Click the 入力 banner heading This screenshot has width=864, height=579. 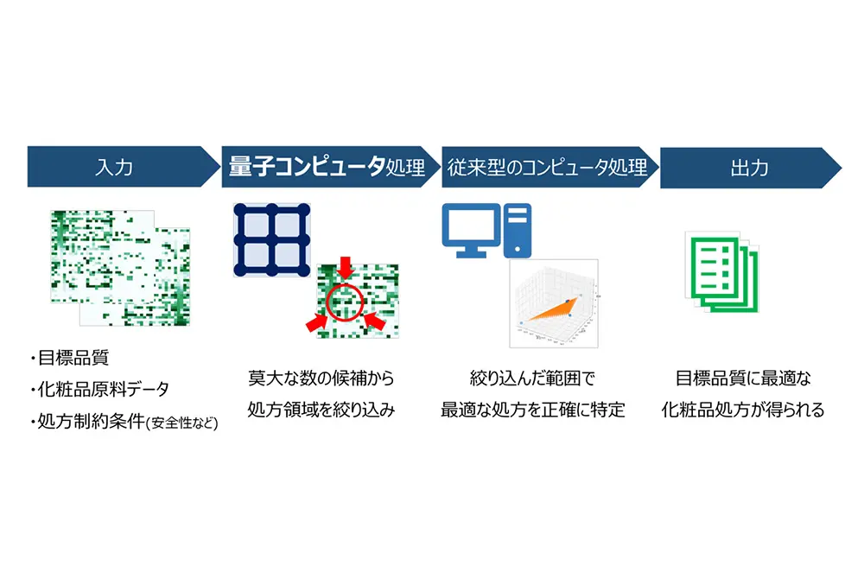(114, 167)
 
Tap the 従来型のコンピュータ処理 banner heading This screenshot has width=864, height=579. (546, 167)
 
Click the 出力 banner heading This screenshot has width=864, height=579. (747, 167)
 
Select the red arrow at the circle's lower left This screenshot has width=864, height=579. (315, 323)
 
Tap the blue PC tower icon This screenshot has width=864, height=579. (518, 230)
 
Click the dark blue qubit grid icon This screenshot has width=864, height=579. (272, 239)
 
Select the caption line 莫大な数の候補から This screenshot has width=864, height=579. (321, 379)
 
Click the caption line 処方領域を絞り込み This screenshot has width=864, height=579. (321, 410)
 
